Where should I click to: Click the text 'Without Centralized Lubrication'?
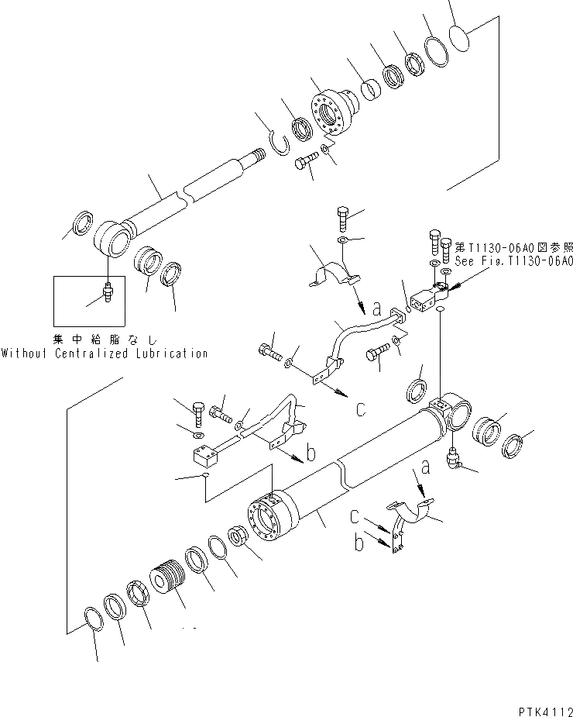coord(105,353)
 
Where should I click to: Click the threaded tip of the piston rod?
coord(255,157)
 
